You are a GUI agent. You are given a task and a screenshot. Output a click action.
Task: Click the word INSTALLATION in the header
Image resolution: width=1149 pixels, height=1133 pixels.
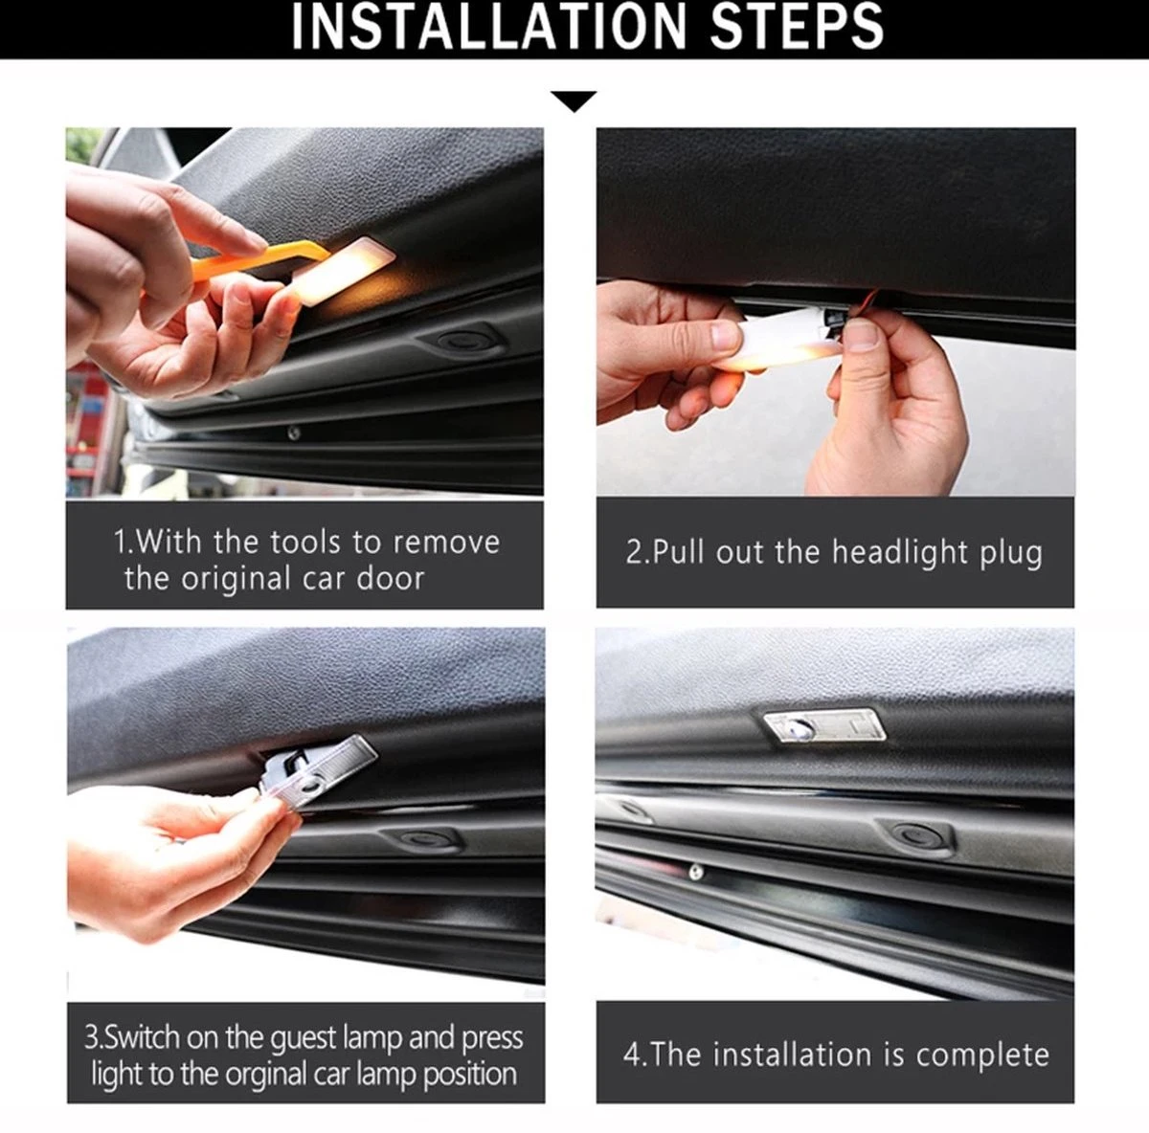point(489,27)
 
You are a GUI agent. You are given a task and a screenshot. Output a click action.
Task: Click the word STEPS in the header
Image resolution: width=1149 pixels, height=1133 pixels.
point(797,27)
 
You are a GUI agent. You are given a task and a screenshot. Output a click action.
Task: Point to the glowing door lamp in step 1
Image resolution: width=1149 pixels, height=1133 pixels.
point(344,270)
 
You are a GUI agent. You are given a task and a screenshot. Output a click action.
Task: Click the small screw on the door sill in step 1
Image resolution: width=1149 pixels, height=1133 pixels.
point(293,433)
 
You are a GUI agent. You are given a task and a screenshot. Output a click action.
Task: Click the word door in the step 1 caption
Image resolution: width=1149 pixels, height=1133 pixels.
point(391,578)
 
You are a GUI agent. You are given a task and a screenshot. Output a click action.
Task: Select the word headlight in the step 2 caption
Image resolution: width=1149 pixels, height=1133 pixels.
point(900,553)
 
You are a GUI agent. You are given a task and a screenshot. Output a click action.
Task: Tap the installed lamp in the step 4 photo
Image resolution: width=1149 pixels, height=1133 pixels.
point(824,726)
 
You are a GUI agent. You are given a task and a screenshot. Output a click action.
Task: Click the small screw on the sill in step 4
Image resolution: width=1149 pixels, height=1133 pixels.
point(694,872)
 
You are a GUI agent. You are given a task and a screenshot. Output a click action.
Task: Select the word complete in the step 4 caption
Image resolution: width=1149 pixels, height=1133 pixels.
point(982,1055)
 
